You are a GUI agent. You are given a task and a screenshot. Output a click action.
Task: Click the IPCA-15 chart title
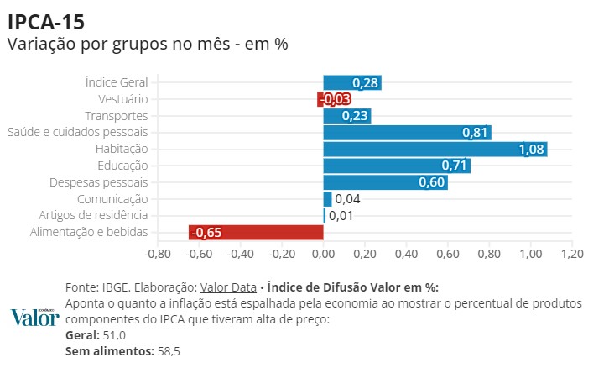click(x=45, y=20)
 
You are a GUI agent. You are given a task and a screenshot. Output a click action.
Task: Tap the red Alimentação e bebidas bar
click(x=256, y=233)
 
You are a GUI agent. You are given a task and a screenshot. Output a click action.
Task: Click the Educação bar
click(x=396, y=166)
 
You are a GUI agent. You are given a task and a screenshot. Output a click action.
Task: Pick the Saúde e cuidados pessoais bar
click(x=407, y=133)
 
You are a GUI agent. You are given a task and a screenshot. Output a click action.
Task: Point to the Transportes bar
click(x=346, y=116)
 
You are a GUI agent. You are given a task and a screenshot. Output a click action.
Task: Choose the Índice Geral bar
click(x=352, y=82)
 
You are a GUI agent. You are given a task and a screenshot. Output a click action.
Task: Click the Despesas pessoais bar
click(x=385, y=182)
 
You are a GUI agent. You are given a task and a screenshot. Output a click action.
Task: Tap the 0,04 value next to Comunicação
click(x=347, y=199)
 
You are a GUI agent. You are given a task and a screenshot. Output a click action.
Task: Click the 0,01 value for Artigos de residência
click(x=341, y=216)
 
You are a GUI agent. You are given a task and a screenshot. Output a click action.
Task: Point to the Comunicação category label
click(x=112, y=199)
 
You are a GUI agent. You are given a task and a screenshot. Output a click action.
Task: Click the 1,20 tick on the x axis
click(x=572, y=254)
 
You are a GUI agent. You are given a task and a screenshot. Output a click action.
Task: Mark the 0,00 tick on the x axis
click(x=323, y=254)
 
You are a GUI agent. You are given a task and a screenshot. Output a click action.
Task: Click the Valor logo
click(x=34, y=317)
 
